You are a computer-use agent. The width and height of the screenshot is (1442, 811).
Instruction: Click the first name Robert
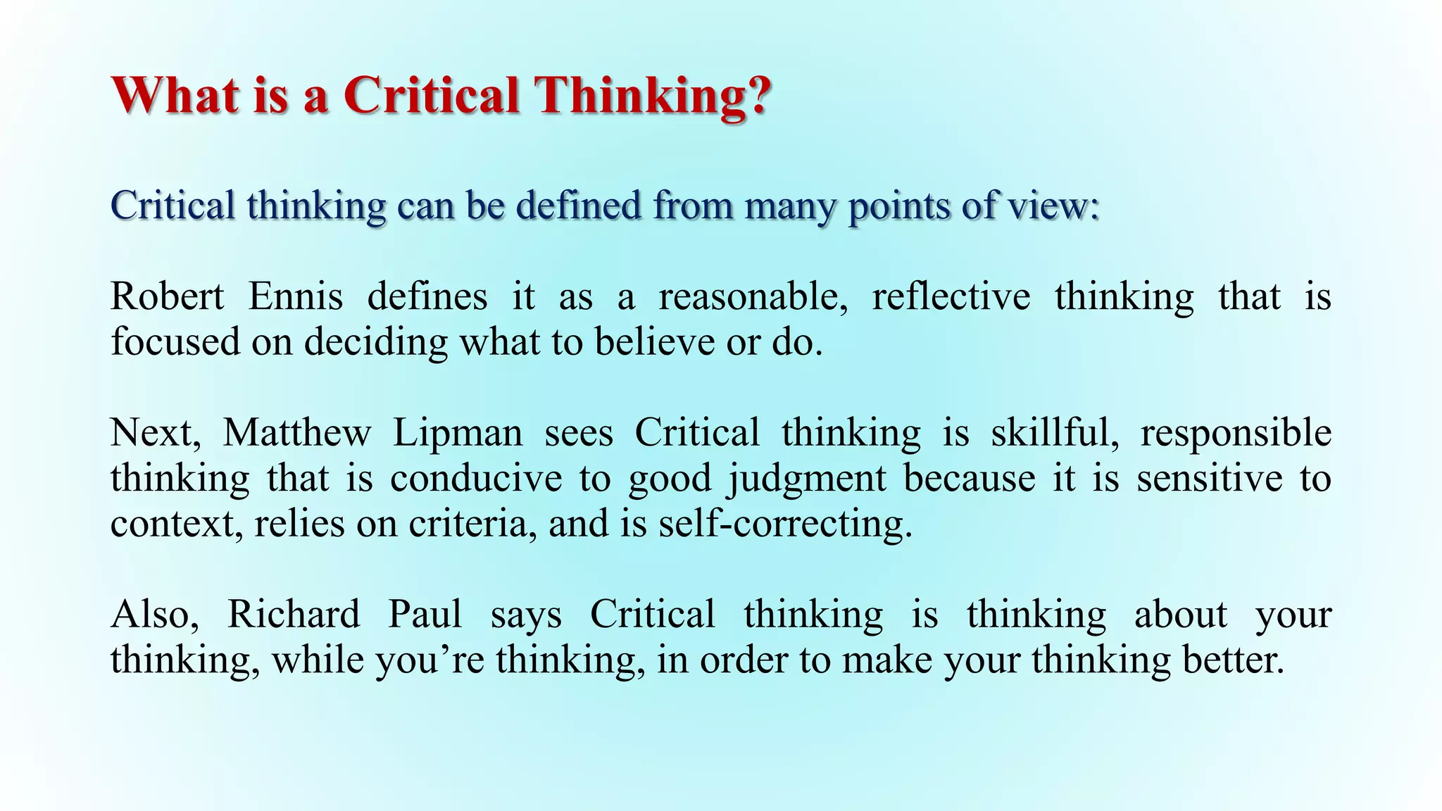[x=167, y=296]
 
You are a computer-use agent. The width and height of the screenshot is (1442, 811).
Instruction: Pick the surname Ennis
[x=296, y=296]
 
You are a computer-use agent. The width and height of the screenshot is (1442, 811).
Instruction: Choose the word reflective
[x=951, y=296]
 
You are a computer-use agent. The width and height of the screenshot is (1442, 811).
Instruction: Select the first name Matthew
[x=296, y=432]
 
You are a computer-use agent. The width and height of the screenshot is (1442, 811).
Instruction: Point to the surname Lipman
[x=458, y=432]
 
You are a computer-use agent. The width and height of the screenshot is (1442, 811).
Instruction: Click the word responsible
[x=1236, y=432]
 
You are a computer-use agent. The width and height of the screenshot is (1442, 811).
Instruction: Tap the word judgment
[x=807, y=479]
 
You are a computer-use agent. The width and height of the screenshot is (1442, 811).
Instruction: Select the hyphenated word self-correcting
[x=785, y=524]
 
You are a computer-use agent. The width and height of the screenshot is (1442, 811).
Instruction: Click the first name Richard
[x=293, y=614]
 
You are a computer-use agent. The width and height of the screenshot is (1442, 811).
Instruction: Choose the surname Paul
[x=425, y=614]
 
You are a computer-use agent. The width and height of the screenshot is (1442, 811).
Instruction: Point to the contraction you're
[x=430, y=660]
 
